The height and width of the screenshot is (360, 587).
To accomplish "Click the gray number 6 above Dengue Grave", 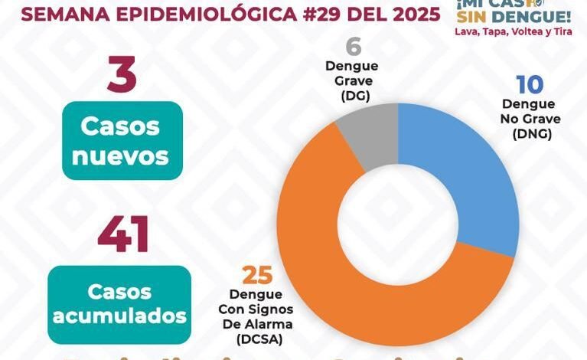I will pos(353,47).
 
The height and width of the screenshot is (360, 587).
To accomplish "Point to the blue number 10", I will pos(530,85).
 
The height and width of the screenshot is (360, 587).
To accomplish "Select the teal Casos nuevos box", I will pos(122,141).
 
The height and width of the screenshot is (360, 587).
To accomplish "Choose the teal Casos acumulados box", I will pos(119,304).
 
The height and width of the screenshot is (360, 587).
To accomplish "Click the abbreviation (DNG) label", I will pos(530,133).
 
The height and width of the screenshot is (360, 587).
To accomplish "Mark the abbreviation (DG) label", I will pos(352,96).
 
